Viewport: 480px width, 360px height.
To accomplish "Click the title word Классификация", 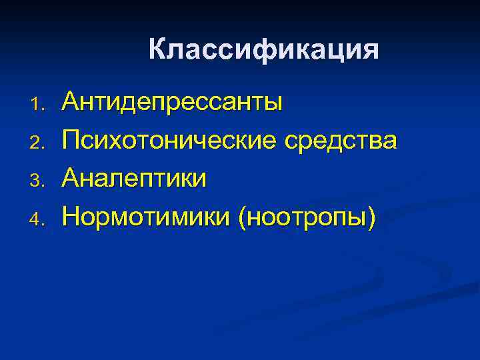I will [263, 51].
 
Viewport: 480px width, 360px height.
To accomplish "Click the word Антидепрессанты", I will [172, 103].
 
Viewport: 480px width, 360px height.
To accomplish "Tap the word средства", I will [341, 141].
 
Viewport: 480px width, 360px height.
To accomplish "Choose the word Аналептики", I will [134, 178].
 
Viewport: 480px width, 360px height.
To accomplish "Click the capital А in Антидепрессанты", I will [69, 103].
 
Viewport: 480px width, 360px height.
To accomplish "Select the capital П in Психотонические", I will [70, 141].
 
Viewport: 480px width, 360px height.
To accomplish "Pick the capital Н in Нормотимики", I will [70, 215].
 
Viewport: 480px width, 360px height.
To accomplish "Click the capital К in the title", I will [157, 50].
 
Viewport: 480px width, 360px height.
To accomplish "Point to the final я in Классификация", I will [370, 51].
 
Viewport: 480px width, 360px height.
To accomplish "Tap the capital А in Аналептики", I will [69, 178].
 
